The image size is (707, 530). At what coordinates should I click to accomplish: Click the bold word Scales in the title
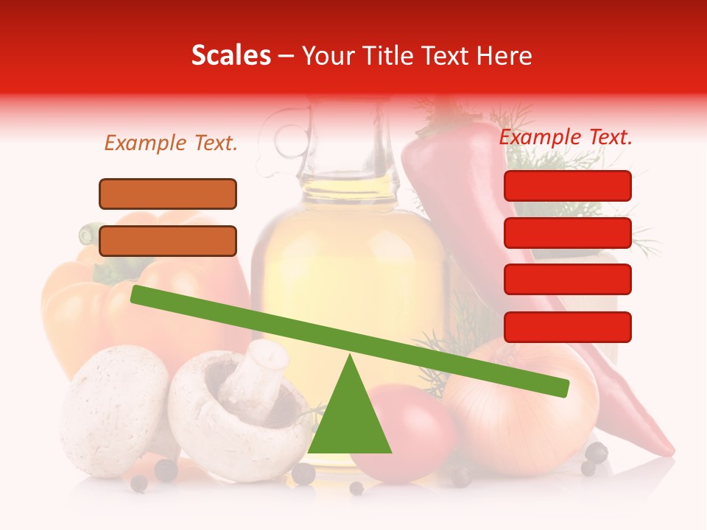tap(231, 56)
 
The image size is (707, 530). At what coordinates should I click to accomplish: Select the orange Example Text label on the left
tap(171, 144)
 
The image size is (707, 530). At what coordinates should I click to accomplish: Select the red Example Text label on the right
tap(566, 137)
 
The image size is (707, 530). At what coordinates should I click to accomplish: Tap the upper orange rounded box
tap(168, 194)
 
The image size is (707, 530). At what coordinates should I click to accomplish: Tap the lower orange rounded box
tap(168, 241)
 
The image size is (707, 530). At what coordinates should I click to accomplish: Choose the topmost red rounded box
tap(568, 185)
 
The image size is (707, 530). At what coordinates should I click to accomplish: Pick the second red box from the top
tap(568, 233)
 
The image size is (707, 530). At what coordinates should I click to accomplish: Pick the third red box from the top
tap(568, 280)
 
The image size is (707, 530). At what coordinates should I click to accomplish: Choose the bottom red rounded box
tap(568, 327)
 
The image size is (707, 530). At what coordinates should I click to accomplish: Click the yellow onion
tap(516, 412)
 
